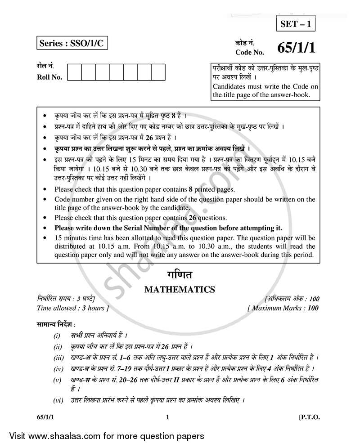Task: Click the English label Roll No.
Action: click(x=49, y=77)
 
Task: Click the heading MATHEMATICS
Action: click(x=180, y=290)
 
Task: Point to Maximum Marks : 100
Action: click(x=283, y=308)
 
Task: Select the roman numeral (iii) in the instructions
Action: click(x=58, y=358)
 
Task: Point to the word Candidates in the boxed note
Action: click(x=230, y=87)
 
